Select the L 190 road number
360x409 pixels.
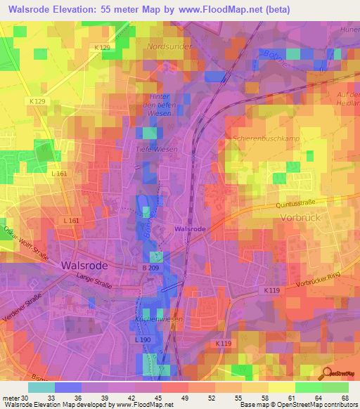tap(141, 340)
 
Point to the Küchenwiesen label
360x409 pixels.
tap(158, 319)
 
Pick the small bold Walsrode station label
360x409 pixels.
tap(190, 229)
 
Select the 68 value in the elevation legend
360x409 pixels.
tap(344, 396)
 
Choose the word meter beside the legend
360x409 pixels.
tap(10, 396)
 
